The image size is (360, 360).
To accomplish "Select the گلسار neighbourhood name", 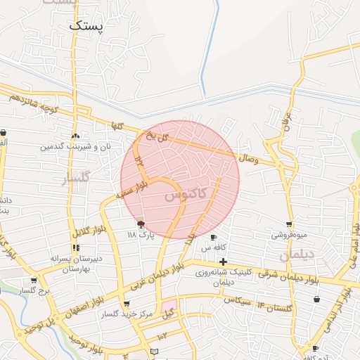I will (x=77, y=178).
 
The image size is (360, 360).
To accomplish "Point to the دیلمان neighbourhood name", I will (x=295, y=256).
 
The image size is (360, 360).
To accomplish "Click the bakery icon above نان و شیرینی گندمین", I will (x=75, y=136).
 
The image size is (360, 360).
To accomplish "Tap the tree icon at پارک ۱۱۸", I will (x=141, y=224).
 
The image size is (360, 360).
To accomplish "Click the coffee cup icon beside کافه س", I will (x=213, y=238).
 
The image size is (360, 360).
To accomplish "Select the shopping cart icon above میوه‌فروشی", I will (x=289, y=225).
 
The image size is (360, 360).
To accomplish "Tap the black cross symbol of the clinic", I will (x=223, y=262).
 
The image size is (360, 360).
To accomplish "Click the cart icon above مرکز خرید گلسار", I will (x=126, y=304).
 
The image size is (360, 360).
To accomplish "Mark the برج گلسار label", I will (x=32, y=290).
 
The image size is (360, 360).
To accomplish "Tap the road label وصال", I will (x=249, y=160).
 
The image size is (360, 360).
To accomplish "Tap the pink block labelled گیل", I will (x=169, y=308).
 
